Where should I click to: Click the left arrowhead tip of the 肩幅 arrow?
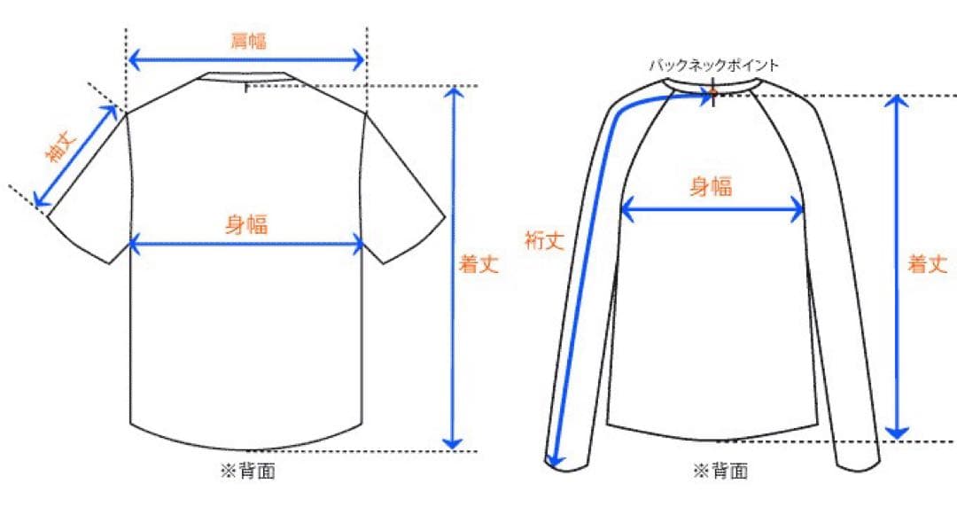point(128,60)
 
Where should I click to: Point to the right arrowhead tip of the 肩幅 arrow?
point(364,60)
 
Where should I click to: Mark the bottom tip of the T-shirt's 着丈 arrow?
point(452,449)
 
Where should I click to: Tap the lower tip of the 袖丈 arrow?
point(35,206)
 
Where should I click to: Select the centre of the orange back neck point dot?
point(712,94)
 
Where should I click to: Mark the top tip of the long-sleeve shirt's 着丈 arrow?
point(897,96)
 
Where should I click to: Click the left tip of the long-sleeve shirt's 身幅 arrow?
point(620,210)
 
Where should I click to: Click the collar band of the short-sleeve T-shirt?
point(245,76)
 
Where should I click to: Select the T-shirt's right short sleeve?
point(403,190)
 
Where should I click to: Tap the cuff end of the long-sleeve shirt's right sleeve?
point(859,464)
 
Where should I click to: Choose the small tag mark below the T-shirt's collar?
point(246,88)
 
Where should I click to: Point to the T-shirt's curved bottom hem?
point(246,439)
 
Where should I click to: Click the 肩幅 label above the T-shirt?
point(249,42)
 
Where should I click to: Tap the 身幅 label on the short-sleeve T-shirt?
point(246,225)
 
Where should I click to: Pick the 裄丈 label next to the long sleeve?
point(544,240)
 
